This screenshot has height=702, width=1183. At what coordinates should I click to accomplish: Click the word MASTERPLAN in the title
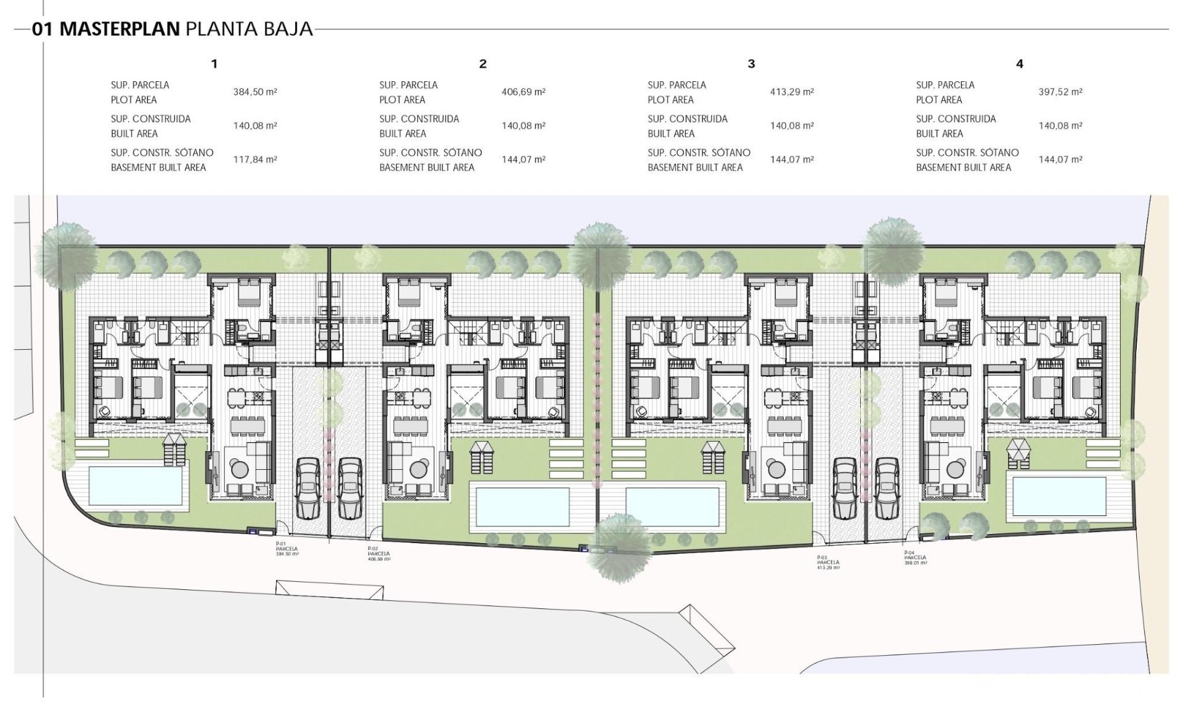click(120, 29)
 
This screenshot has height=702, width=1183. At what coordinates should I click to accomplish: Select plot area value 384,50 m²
click(255, 92)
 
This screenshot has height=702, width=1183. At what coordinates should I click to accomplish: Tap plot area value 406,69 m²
click(524, 92)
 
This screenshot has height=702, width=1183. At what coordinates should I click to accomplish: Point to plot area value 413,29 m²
click(792, 92)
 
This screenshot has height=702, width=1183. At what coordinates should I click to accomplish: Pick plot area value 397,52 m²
click(1060, 92)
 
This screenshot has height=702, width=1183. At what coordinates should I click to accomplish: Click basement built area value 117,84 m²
click(255, 159)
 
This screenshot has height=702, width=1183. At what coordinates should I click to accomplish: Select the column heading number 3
click(751, 63)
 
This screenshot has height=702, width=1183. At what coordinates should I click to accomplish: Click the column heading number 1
click(214, 63)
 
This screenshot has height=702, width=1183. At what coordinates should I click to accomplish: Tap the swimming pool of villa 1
click(136, 484)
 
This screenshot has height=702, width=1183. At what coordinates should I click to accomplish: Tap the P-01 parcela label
click(287, 549)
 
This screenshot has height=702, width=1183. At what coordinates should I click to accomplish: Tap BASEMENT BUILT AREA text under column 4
click(963, 167)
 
